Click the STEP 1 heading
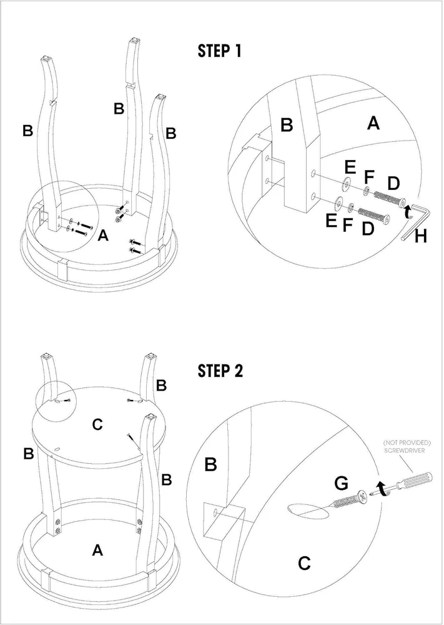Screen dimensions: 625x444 (219, 51)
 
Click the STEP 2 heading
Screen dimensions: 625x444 (220, 371)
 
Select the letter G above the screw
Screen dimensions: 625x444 (341, 483)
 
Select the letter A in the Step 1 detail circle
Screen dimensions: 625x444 (373, 124)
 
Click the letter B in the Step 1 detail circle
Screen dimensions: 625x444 (287, 125)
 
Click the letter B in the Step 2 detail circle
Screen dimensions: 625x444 (210, 464)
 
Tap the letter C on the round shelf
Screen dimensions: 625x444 (97, 425)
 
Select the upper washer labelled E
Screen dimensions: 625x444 (345, 184)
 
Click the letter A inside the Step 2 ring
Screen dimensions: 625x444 (97, 550)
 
